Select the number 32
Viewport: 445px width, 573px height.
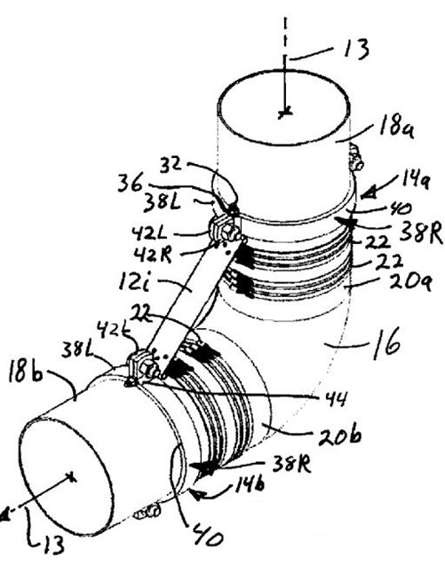pyautogui.click(x=171, y=164)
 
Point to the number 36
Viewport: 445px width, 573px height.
pyautogui.click(x=130, y=184)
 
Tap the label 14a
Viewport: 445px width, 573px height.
pyautogui.click(x=414, y=181)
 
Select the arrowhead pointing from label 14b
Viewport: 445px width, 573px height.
pyautogui.click(x=198, y=496)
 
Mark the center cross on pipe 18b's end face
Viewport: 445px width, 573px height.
pyautogui.click(x=72, y=477)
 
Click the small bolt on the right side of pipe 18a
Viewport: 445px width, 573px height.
pyautogui.click(x=356, y=157)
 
